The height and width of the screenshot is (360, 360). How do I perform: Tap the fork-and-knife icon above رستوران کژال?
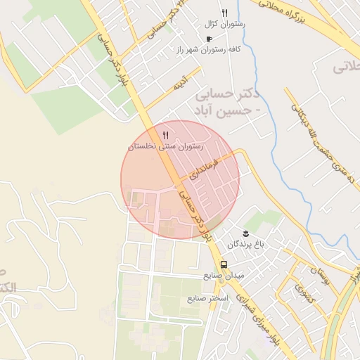(225, 13)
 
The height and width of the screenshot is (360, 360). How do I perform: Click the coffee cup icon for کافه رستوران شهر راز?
(208, 39)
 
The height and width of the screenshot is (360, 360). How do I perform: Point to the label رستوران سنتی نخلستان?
(165, 146)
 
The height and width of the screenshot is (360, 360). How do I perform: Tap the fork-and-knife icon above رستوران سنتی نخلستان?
(165, 134)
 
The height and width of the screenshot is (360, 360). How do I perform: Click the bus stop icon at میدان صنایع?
(224, 264)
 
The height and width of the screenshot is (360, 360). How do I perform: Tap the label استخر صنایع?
(208, 299)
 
